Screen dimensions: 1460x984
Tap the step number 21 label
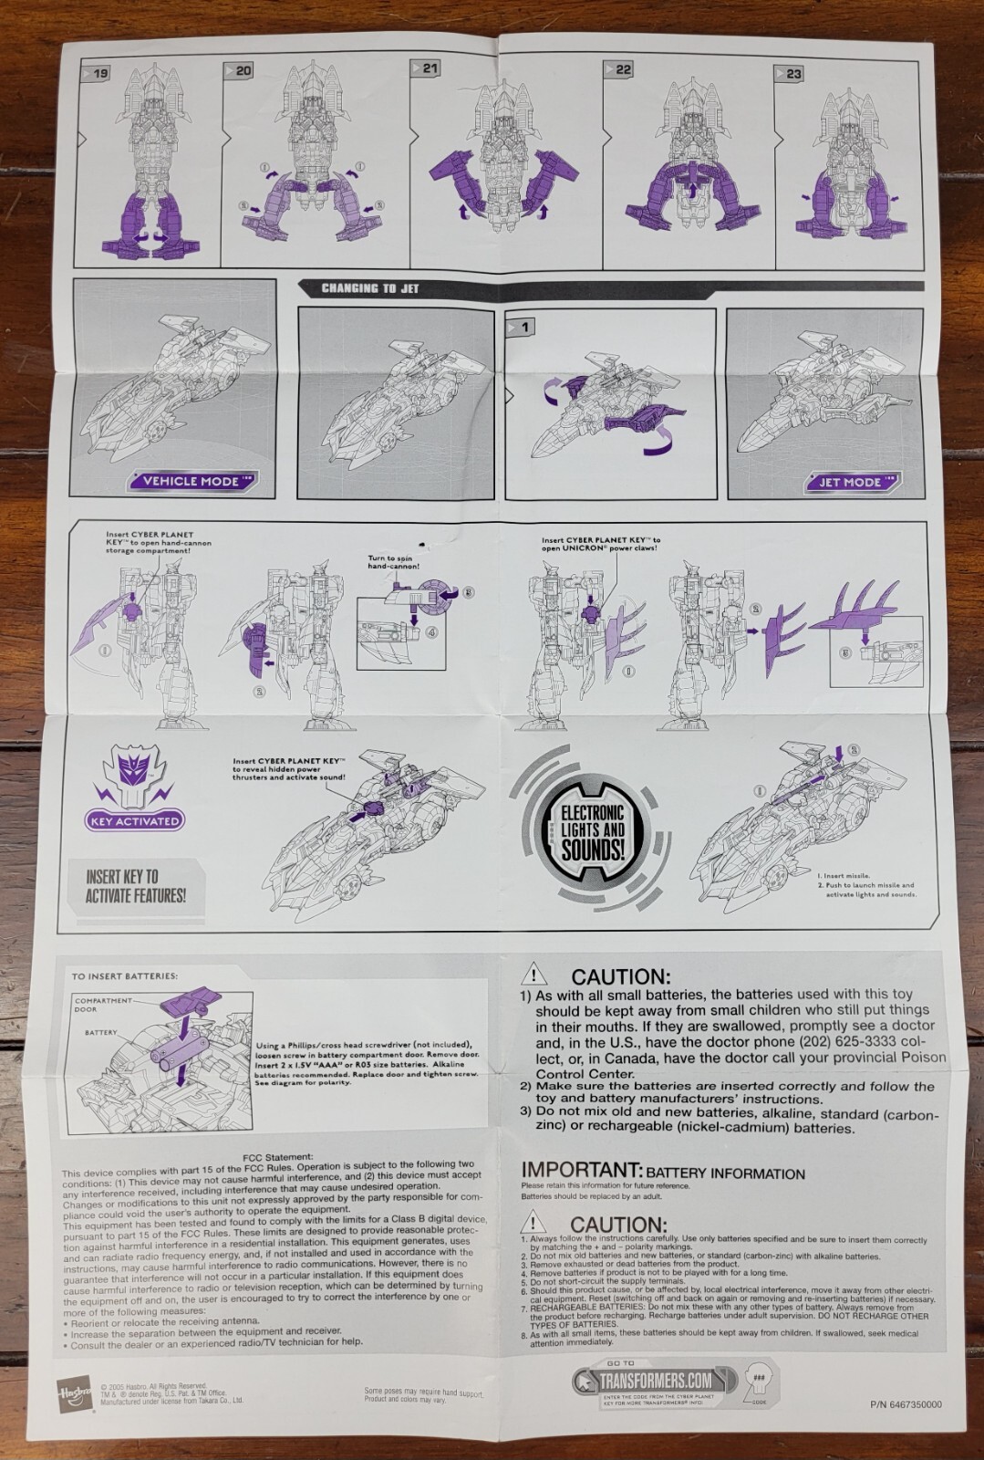point(428,68)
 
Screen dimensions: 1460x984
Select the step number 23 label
point(791,74)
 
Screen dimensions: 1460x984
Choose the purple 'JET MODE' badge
point(848,482)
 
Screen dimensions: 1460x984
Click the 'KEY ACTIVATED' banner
point(136,820)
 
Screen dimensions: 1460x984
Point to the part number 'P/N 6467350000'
point(906,1405)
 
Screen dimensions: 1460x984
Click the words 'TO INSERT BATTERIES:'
point(125,976)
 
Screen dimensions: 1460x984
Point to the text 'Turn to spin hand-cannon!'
point(394,562)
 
